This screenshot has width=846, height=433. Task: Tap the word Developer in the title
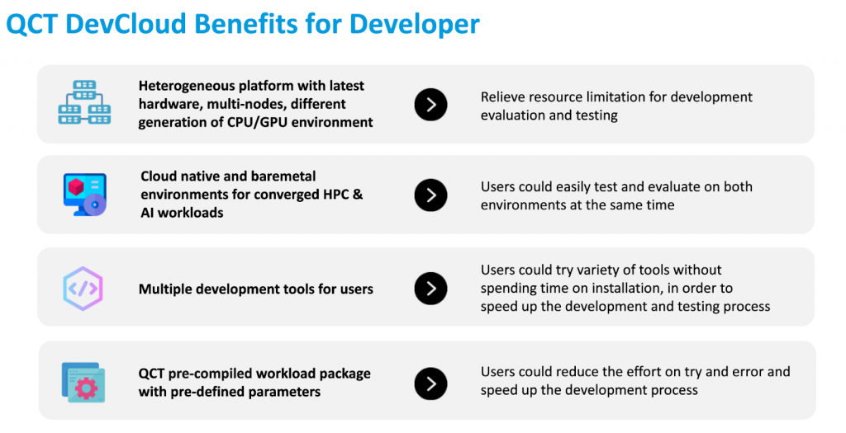tap(415, 25)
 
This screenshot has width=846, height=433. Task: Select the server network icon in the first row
tap(85, 102)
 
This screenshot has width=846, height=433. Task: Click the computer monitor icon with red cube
tap(85, 195)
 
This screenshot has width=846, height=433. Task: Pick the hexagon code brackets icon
tap(83, 289)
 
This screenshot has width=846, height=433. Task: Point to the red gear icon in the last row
tap(86, 388)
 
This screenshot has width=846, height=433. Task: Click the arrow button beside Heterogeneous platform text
tap(430, 105)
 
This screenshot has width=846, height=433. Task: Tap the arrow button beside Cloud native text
tap(430, 195)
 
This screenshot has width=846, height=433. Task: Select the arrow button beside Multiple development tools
tap(430, 289)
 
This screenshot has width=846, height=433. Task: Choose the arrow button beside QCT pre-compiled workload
tap(430, 384)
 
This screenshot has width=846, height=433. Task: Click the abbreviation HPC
tap(336, 194)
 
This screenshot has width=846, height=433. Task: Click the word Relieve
tap(501, 97)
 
